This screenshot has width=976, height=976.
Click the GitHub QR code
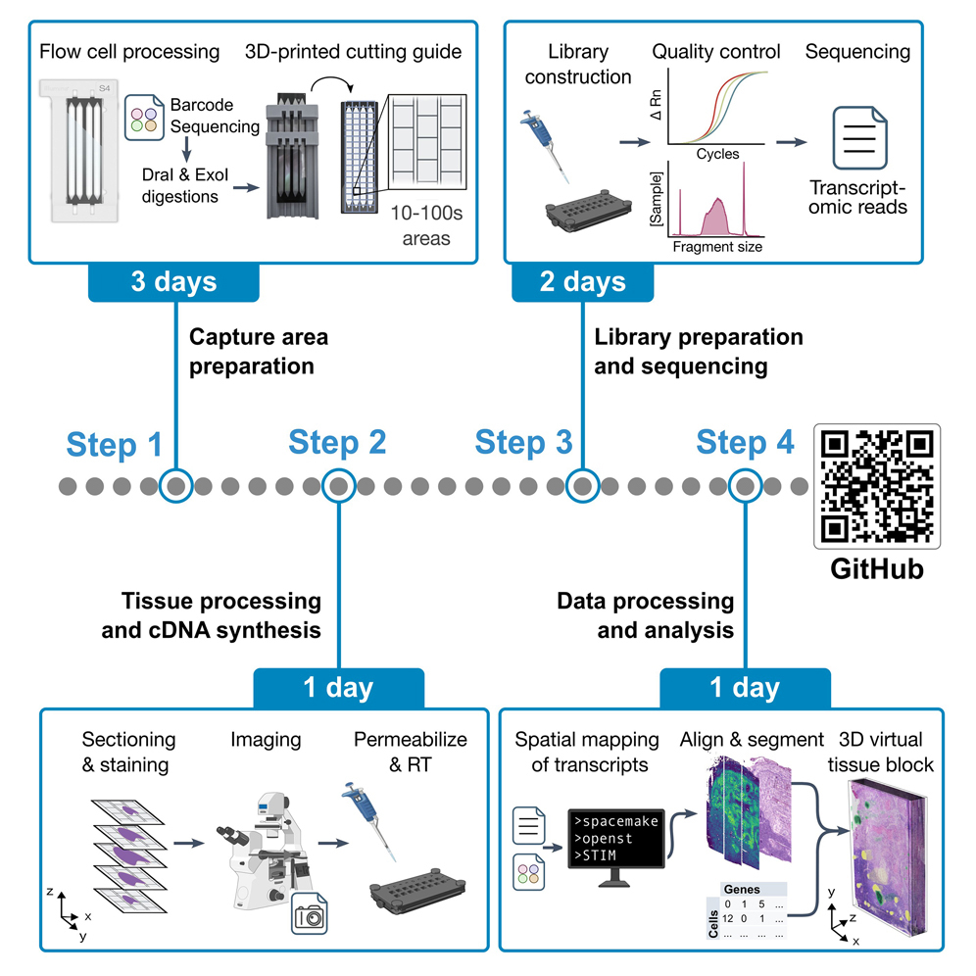[x=877, y=486]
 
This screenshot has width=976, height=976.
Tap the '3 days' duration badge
[x=174, y=282]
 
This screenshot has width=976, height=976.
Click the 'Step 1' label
[x=114, y=444]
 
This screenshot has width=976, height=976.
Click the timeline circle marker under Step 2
[x=338, y=485]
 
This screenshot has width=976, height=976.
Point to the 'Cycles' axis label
[x=717, y=155]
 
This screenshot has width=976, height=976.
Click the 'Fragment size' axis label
[x=717, y=247]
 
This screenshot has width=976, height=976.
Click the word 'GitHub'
[x=877, y=568]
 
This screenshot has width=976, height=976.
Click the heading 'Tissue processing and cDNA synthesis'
[x=211, y=614]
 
